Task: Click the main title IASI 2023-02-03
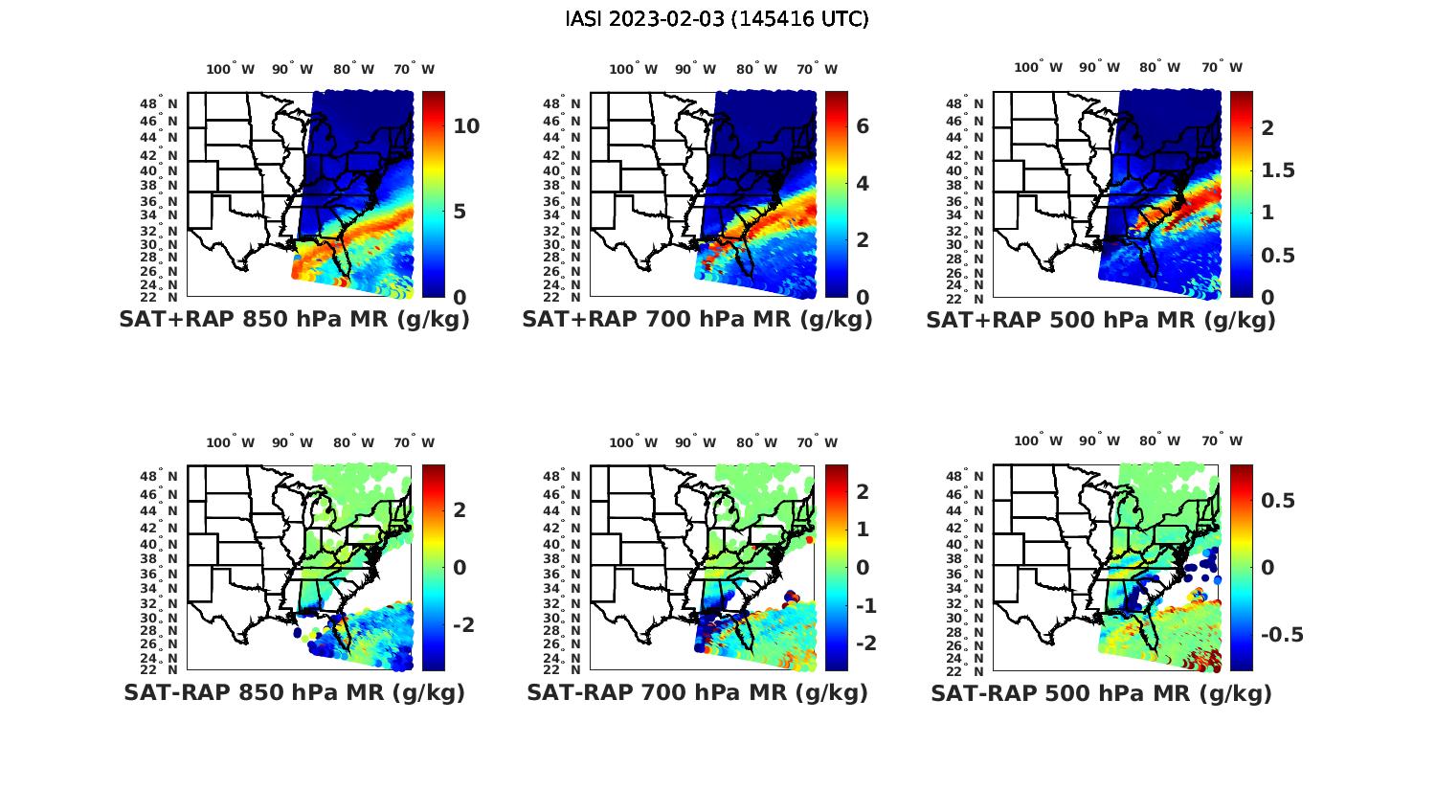click(x=717, y=19)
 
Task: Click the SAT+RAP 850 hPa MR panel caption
click(x=294, y=320)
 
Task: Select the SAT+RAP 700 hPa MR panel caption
click(x=697, y=320)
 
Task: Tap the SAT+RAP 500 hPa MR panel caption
click(x=1101, y=320)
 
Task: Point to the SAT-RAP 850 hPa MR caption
click(x=294, y=692)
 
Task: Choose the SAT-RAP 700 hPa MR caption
click(x=697, y=692)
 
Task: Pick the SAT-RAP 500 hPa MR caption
click(x=1101, y=692)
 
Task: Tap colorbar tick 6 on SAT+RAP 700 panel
click(x=862, y=126)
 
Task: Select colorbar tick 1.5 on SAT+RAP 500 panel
click(x=1278, y=170)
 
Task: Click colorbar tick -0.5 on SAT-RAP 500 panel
click(x=1282, y=635)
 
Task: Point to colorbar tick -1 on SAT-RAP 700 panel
click(x=865, y=605)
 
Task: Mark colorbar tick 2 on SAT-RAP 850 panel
click(x=460, y=509)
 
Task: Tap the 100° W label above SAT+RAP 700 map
click(x=633, y=69)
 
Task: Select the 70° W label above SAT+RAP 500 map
click(x=1223, y=67)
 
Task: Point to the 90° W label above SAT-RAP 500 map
click(x=1098, y=440)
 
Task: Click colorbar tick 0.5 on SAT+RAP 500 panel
click(x=1278, y=256)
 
